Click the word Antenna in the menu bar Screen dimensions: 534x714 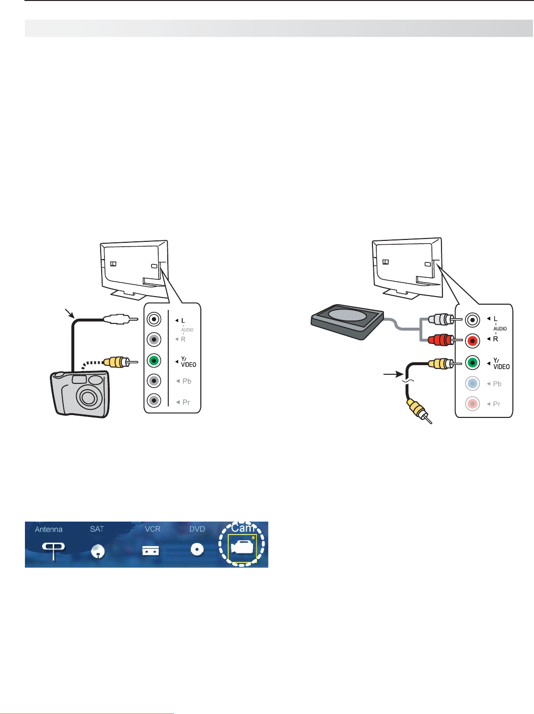click(x=48, y=529)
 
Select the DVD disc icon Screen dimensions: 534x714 click(x=197, y=549)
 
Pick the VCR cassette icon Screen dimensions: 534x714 click(x=151, y=550)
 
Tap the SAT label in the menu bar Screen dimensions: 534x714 click(x=97, y=529)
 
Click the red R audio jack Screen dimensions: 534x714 click(x=473, y=341)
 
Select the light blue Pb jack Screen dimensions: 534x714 click(x=473, y=383)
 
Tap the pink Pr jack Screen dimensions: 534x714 click(x=473, y=404)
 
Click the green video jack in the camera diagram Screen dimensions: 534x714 click(x=154, y=360)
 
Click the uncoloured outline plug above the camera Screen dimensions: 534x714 click(x=117, y=319)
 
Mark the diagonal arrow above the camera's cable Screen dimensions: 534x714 click(x=70, y=314)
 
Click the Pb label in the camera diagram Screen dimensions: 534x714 click(x=187, y=381)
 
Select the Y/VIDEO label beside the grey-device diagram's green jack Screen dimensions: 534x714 click(x=501, y=364)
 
